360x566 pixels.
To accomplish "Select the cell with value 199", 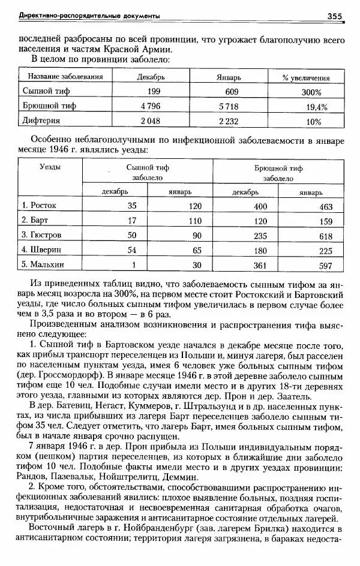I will click(x=154, y=92).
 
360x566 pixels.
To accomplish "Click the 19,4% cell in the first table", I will click(x=316, y=107).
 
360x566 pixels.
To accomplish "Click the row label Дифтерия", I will click(x=41, y=121).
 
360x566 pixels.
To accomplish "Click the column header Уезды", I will click(x=50, y=167).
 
